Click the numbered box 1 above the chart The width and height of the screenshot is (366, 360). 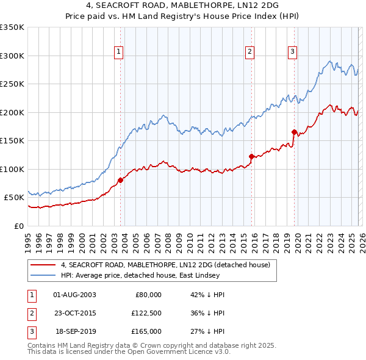[x=119, y=52]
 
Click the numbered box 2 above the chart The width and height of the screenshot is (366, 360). [x=250, y=52]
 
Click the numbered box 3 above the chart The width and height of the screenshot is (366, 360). [x=292, y=52]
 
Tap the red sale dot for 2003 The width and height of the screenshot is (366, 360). [x=120, y=180]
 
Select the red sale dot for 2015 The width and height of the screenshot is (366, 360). [x=251, y=156]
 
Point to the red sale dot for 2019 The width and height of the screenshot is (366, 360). [x=294, y=132]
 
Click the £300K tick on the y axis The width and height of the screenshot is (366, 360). [x=12, y=56]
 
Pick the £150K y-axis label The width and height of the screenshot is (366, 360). [x=12, y=140]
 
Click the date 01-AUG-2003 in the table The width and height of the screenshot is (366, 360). [x=74, y=295]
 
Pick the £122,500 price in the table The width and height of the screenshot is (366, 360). [x=146, y=313]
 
